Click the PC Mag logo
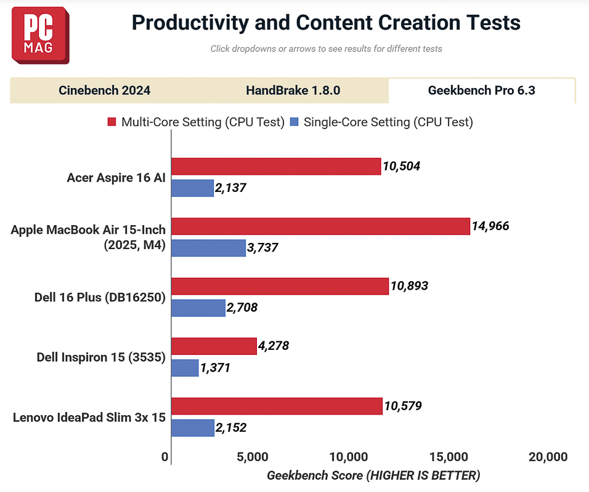tap(40, 35)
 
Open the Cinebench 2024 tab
tap(105, 90)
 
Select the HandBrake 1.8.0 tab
tap(293, 90)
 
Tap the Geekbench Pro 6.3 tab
tap(482, 90)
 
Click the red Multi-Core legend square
tap(112, 122)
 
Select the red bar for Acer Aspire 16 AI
tap(275, 166)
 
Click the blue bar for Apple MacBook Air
tap(208, 248)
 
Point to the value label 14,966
tap(490, 226)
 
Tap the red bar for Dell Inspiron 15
tap(213, 346)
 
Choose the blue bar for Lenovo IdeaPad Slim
tap(192, 428)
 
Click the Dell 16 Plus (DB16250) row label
tap(100, 297)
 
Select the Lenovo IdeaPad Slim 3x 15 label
tap(89, 418)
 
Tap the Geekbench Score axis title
tap(373, 475)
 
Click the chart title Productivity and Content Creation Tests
tap(326, 23)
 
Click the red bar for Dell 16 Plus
tap(280, 286)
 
